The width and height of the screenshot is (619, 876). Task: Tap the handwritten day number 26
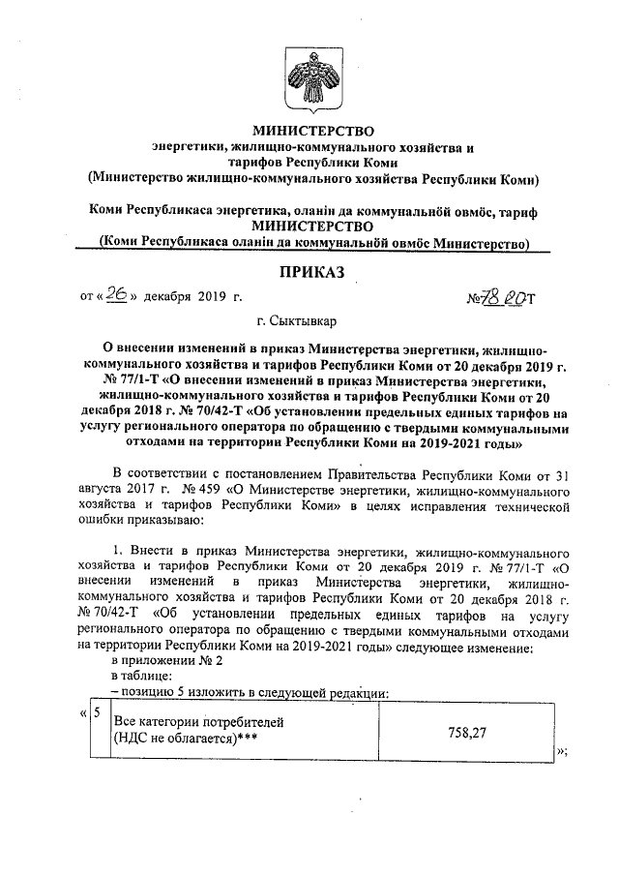(118, 296)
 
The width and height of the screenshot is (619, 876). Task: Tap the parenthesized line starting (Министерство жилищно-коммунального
(311, 178)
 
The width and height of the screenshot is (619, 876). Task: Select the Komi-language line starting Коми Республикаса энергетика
(311, 210)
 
